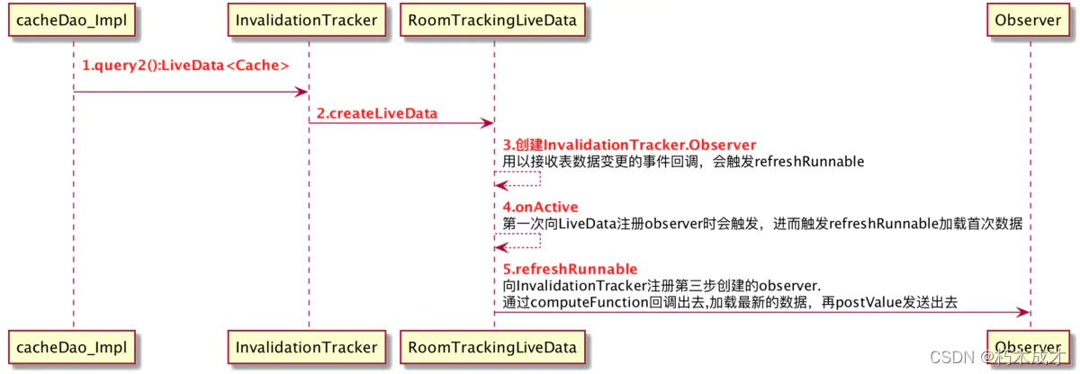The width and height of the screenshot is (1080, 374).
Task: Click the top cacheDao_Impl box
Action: [x=74, y=20]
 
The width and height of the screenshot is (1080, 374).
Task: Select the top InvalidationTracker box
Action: [x=308, y=20]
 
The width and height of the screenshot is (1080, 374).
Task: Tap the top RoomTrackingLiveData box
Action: [x=493, y=20]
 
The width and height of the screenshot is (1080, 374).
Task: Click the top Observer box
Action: [x=1030, y=20]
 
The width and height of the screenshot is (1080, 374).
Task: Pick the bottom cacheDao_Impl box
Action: [x=74, y=347]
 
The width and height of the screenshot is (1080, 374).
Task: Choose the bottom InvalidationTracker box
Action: [x=308, y=347]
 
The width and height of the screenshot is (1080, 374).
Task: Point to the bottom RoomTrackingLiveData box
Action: [x=493, y=347]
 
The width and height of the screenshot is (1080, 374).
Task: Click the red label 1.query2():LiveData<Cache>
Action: [x=185, y=66]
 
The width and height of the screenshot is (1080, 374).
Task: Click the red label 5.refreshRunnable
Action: [x=570, y=269]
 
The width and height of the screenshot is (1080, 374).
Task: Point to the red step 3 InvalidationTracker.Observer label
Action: [x=629, y=145]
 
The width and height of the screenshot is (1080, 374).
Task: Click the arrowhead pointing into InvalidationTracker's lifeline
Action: [x=302, y=91]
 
